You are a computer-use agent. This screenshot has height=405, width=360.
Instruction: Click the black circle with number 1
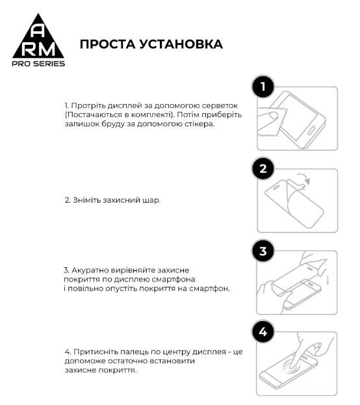tap(263, 87)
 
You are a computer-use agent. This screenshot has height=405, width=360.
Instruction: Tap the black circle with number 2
tap(263, 170)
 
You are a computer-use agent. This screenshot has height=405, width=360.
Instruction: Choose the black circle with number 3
tap(263, 251)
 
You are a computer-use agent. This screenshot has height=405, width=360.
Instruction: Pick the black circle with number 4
tap(263, 333)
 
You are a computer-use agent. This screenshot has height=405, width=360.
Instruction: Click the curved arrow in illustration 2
tap(303, 178)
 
